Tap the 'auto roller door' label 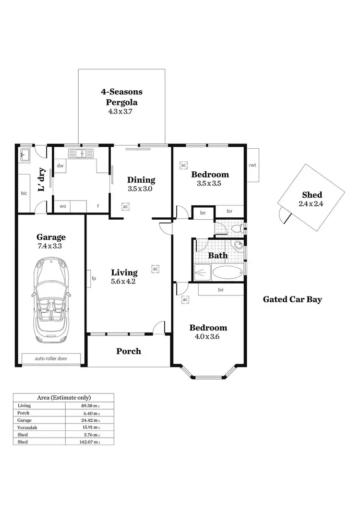click(x=51, y=358)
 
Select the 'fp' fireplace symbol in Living click(x=89, y=278)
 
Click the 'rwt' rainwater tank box click(x=252, y=165)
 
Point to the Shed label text click(x=312, y=195)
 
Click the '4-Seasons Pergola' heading click(x=121, y=96)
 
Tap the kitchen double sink click(x=81, y=154)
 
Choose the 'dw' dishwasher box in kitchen click(x=60, y=166)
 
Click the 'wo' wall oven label click(x=63, y=206)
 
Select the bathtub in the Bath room click(x=228, y=273)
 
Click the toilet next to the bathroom click(x=236, y=229)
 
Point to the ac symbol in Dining click(x=125, y=207)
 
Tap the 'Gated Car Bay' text click(x=292, y=299)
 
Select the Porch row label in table click(x=24, y=413)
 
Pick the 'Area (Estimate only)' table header click(x=64, y=398)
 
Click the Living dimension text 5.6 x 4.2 click(x=124, y=282)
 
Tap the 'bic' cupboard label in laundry click(x=24, y=193)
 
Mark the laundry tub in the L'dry click(x=25, y=155)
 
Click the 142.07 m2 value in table click(x=90, y=441)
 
